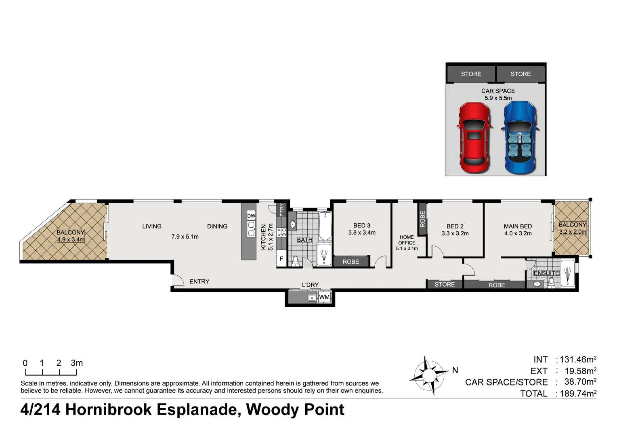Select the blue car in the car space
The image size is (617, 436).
point(520,137)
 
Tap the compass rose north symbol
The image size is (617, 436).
point(429,375)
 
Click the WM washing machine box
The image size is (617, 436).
point(324,297)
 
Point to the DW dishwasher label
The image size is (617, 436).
point(251,216)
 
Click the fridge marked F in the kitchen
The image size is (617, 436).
point(281,259)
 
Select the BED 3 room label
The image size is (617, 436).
point(361,226)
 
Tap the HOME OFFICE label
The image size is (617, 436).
point(407,240)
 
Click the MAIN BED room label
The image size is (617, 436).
point(518,226)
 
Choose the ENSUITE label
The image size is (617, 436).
point(546,273)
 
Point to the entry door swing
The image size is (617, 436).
point(177,281)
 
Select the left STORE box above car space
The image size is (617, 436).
point(471,74)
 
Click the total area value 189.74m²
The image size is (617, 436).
point(577,394)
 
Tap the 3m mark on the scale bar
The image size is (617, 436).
point(76,363)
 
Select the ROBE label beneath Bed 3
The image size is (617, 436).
point(350,262)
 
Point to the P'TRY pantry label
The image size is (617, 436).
point(282,209)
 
